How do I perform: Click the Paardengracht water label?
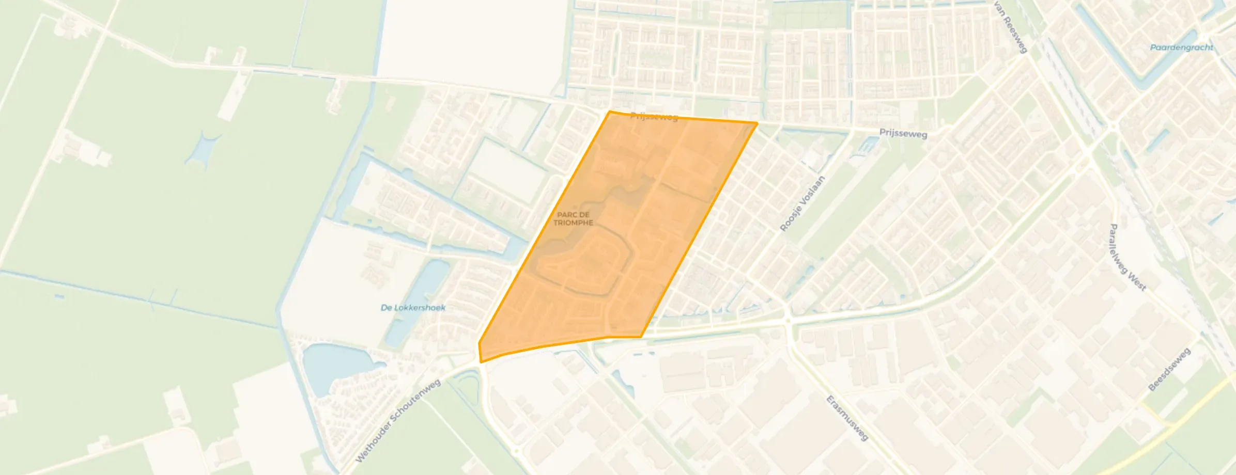1181,47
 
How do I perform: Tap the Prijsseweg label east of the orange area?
903,133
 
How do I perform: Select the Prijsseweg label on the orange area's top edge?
654,117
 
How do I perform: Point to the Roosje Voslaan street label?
802,204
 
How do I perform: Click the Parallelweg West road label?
1127,257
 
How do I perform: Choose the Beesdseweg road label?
1169,369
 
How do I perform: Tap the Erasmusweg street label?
847,418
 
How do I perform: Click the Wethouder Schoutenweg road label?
398,420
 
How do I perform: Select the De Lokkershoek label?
413,308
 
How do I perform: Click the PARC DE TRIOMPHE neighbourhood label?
573,218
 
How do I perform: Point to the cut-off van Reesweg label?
1010,26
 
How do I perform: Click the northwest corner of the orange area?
610,112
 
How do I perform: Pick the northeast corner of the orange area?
757,123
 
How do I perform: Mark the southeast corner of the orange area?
641,337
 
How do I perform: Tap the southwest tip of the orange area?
481,362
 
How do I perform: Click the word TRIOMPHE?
573,223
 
